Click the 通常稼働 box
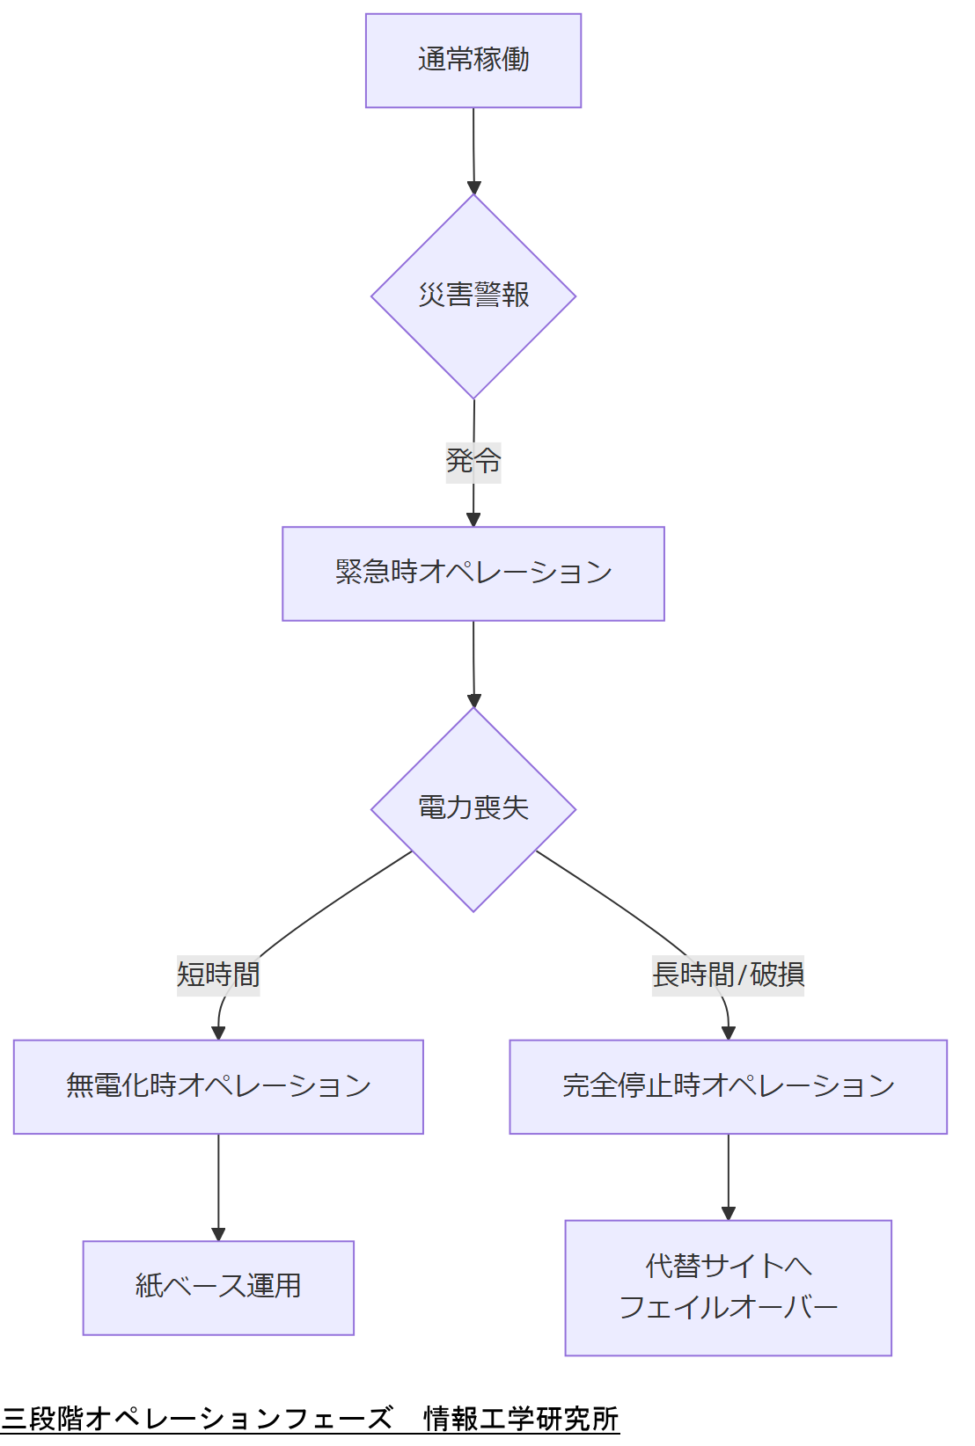pos(473,61)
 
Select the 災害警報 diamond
pos(473,296)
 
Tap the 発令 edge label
pos(473,461)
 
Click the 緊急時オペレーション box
pos(473,573)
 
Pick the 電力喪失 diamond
pos(473,808)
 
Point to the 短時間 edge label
pos(218,975)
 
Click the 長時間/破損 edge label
pos(728,975)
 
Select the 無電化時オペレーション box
pos(218,1086)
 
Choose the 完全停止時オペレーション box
pos(728,1086)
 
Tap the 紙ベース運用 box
pos(218,1287)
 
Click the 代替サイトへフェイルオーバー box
pos(728,1287)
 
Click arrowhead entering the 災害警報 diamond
pos(474,187)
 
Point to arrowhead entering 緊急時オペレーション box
pos(473,520)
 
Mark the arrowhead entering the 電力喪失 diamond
pos(474,701)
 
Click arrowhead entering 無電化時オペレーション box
pos(218,1033)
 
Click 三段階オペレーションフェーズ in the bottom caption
pos(197,1418)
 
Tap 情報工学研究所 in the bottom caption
pos(521,1418)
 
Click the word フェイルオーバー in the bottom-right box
pos(728,1307)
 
